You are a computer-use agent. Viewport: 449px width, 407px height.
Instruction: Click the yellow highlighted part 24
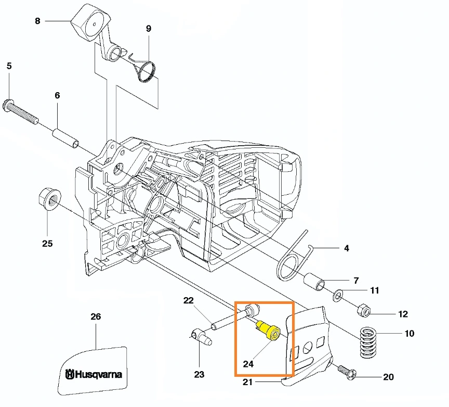(269, 330)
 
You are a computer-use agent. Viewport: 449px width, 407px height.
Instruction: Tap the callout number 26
(96, 316)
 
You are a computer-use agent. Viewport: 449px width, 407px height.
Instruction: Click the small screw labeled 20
(346, 372)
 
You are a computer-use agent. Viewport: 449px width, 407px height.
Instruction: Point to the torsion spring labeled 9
(146, 71)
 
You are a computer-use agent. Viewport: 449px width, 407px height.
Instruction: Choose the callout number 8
(37, 21)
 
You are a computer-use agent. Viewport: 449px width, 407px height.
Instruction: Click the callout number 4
(347, 248)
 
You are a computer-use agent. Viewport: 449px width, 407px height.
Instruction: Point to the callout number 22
(188, 300)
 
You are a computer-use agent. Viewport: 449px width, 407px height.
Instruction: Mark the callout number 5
(9, 66)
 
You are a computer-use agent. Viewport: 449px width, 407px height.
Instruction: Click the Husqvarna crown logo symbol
(70, 374)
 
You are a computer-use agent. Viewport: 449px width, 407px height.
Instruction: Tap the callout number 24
(248, 364)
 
